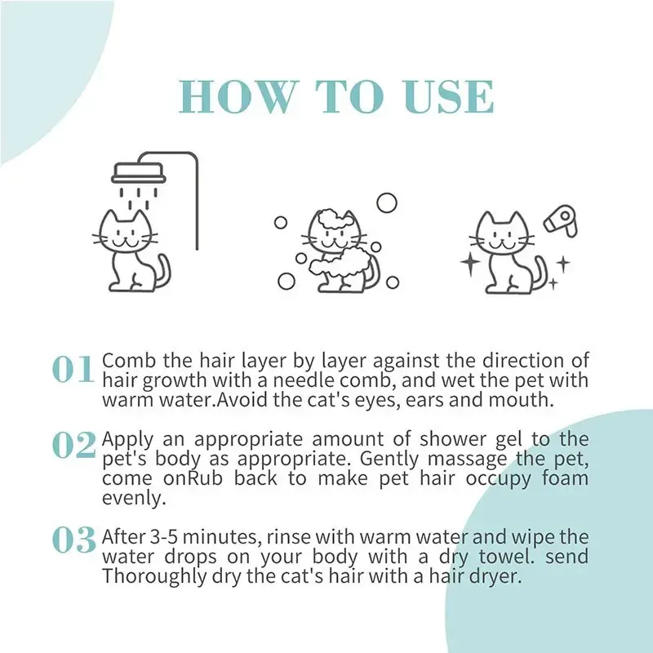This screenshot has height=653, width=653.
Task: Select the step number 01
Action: pos(73,370)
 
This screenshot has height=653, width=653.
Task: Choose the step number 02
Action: pos(74,445)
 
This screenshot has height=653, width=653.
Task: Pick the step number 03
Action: pos(74,539)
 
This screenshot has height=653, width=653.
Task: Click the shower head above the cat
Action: pos(138,172)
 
